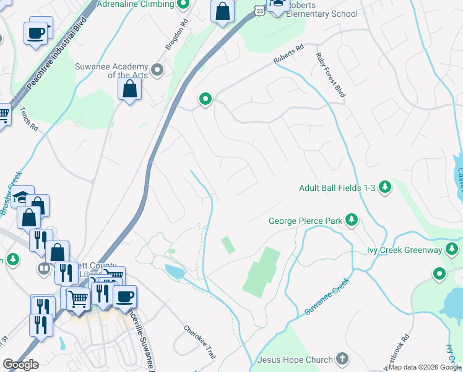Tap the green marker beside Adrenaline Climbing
click(x=183, y=5)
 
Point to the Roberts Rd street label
click(x=288, y=54)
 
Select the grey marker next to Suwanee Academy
click(x=157, y=70)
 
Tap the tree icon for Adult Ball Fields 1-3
click(x=385, y=187)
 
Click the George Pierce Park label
click(x=306, y=220)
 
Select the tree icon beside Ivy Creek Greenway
click(x=452, y=250)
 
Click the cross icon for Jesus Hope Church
click(x=342, y=359)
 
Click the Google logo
click(x=20, y=365)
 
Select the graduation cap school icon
click(x=22, y=198)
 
